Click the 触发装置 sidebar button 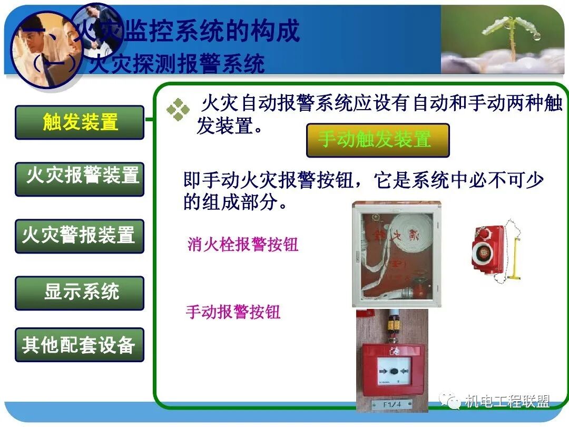80,122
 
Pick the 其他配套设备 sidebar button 80,345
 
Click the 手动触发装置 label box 378,140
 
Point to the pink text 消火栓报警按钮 243,245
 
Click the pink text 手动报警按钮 233,312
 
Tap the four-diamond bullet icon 178,109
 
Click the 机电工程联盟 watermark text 507,402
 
